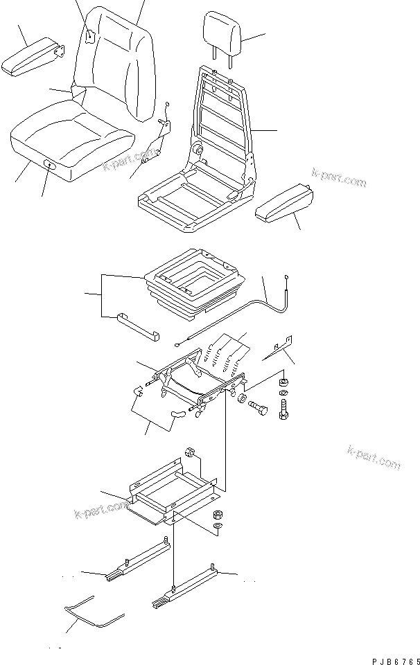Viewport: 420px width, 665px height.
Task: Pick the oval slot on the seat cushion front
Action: pyautogui.click(x=50, y=164)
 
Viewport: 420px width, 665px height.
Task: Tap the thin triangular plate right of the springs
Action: pyautogui.click(x=280, y=346)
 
